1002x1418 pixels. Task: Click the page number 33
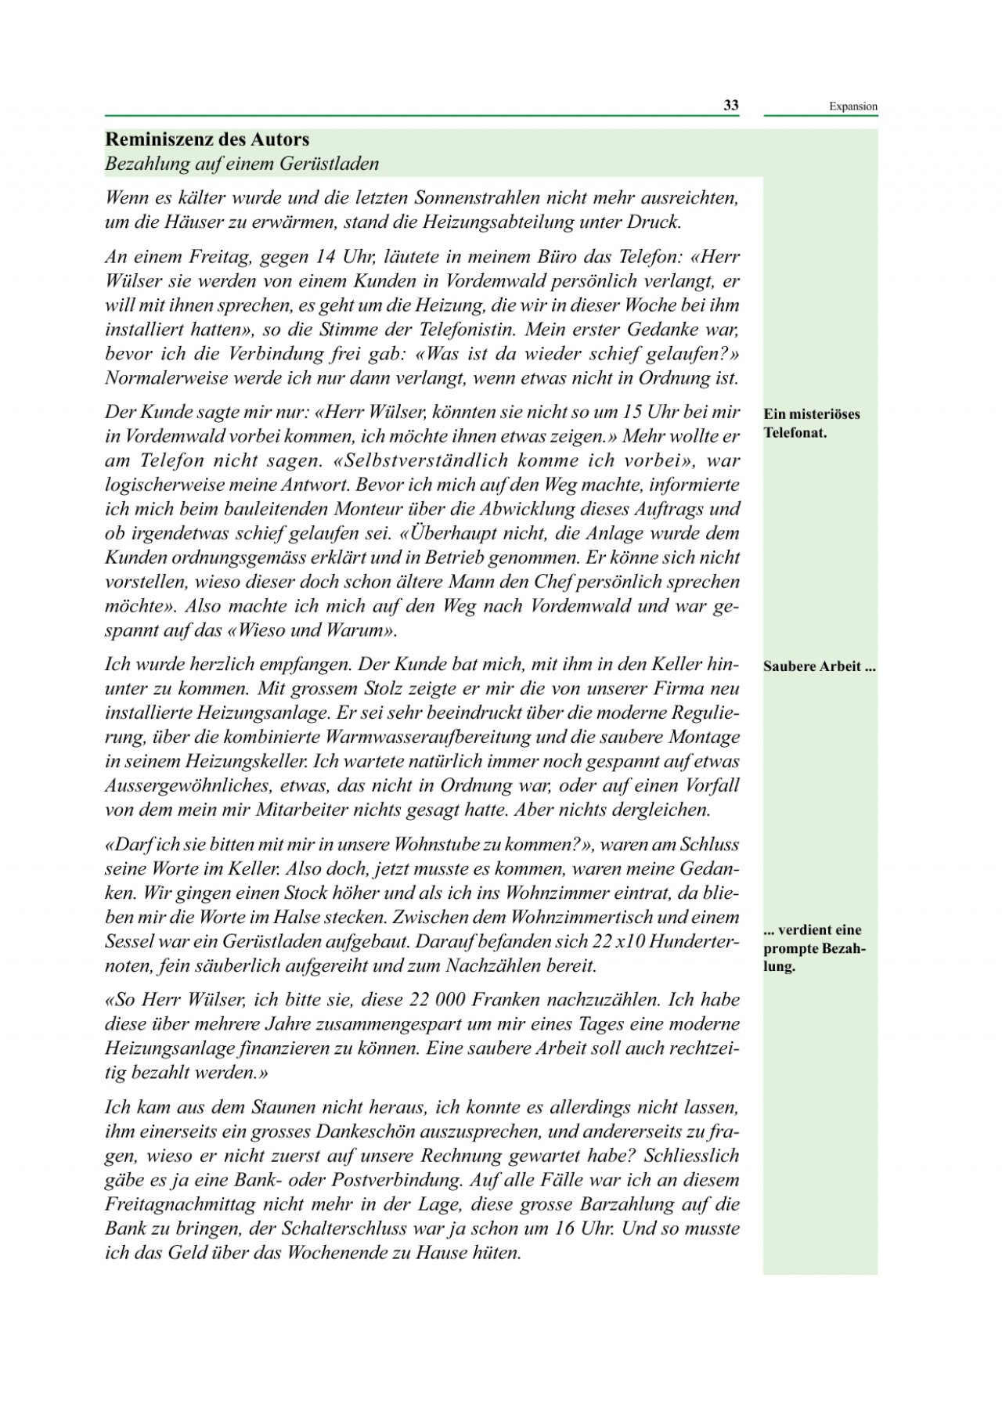(730, 106)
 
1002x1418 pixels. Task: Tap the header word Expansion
(853, 107)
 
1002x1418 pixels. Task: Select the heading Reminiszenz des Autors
(207, 140)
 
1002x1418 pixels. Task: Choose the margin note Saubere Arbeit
(819, 667)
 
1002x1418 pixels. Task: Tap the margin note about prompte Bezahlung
(813, 948)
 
